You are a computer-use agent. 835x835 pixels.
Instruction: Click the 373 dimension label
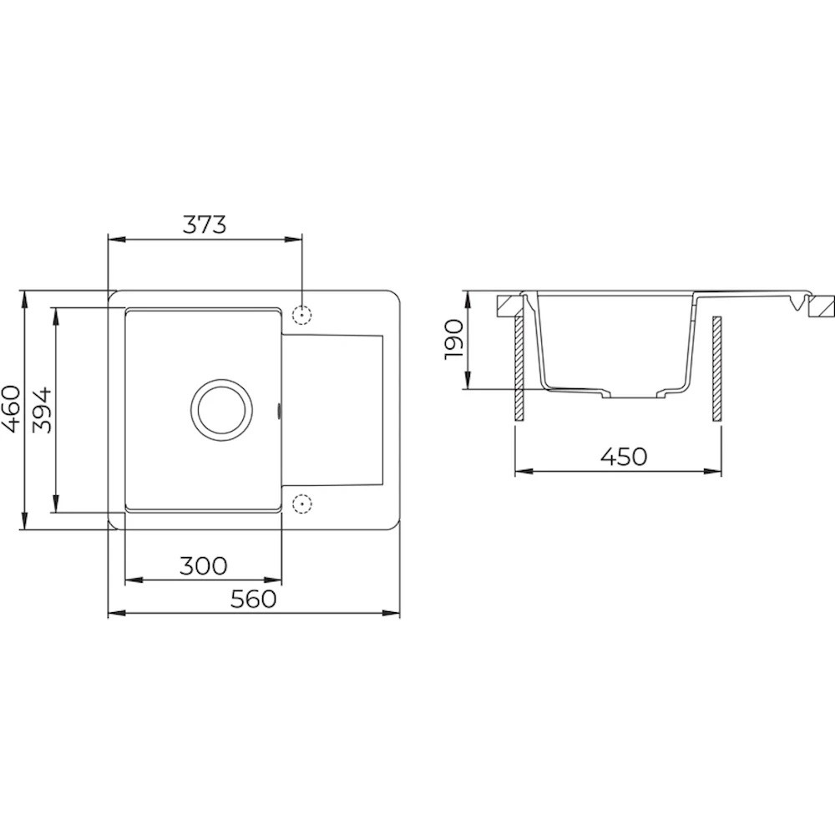click(205, 225)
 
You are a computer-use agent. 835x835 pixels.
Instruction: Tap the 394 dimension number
click(42, 410)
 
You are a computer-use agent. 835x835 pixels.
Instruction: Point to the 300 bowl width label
click(204, 565)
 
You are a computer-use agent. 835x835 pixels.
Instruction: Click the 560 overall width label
click(254, 599)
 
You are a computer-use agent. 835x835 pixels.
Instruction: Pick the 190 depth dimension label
click(455, 339)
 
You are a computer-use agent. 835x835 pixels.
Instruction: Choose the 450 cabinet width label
click(624, 456)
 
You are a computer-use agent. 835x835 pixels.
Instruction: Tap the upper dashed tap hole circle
click(302, 315)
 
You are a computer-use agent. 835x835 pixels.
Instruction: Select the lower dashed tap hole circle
click(302, 503)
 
